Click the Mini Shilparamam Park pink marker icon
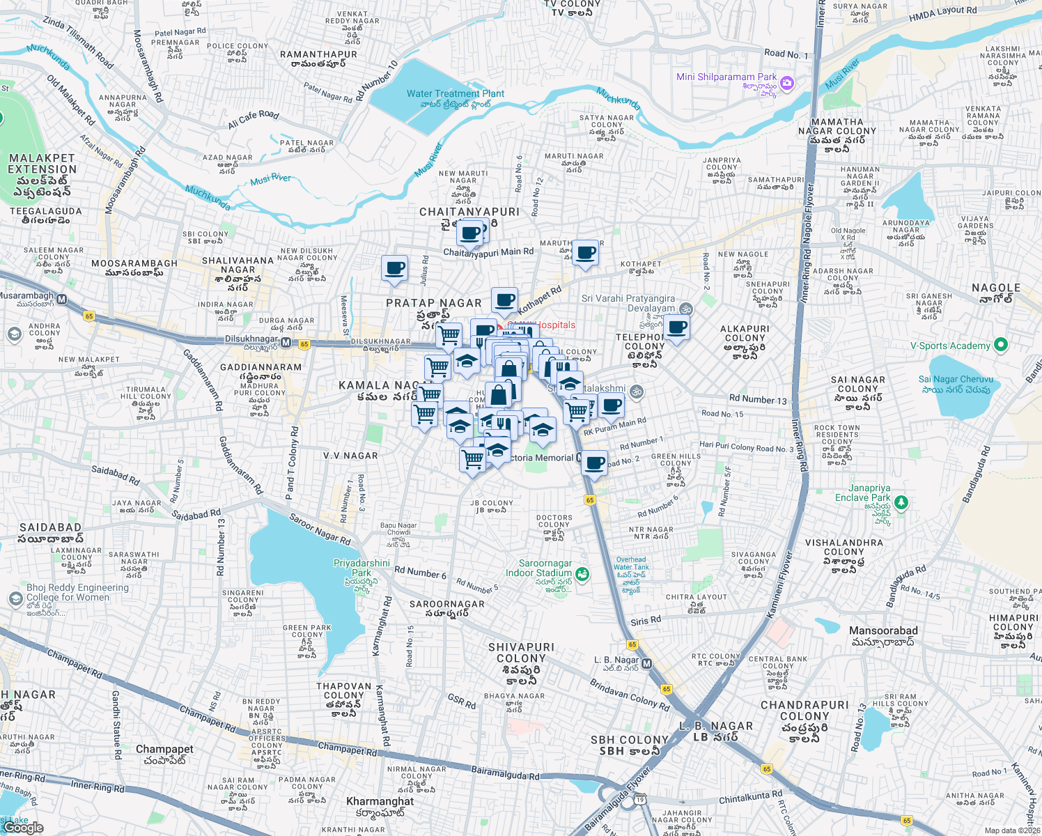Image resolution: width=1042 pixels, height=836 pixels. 787,84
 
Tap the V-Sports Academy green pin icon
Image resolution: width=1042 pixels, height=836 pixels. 1001,345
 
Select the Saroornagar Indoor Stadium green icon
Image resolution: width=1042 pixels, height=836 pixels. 582,574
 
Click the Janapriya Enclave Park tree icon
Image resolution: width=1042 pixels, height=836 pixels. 901,502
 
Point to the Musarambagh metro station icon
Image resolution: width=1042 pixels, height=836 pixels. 61,300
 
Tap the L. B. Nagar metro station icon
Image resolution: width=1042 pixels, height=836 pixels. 646,664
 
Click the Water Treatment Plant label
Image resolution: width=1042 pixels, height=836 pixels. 456,94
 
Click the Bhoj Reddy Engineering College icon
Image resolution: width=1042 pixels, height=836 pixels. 15,599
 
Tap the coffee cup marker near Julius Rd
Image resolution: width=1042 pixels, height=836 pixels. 394,268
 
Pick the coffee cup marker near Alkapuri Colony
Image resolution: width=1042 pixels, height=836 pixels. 676,327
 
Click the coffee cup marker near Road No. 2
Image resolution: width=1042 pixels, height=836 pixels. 594,463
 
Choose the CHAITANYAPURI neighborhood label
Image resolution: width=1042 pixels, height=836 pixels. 469,212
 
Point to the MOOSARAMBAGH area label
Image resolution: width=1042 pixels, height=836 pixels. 134,263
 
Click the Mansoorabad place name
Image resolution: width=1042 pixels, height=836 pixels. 883,631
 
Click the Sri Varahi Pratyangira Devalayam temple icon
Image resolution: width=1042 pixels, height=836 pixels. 686,309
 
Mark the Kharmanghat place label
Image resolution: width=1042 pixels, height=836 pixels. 380,802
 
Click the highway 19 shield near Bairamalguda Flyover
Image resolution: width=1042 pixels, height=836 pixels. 639,800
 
